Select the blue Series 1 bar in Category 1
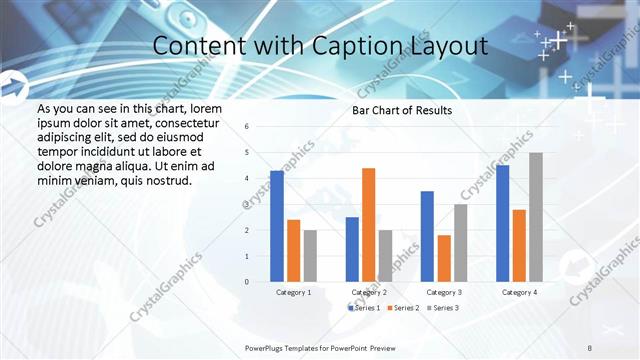277,226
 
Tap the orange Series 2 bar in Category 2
368,225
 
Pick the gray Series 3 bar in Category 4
535,217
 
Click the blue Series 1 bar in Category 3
427,236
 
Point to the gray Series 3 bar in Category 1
310,256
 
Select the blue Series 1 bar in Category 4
502,223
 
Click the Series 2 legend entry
402,307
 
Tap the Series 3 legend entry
442,307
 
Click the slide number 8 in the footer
591,347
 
